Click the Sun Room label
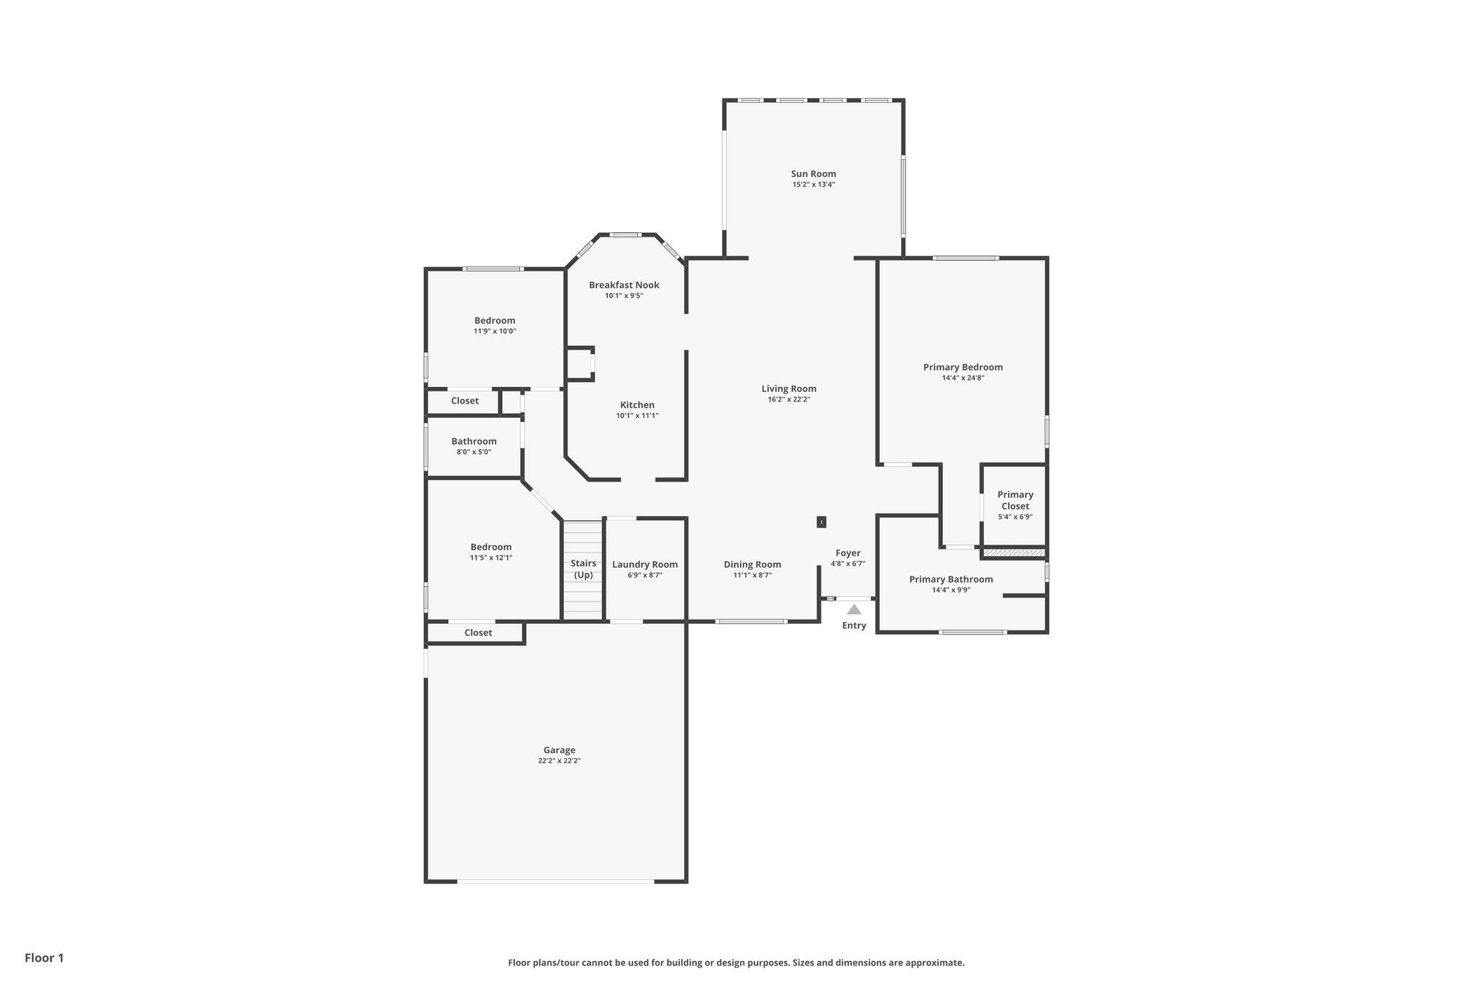[x=813, y=173]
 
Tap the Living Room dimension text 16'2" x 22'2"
[x=789, y=399]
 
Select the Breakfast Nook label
[x=624, y=285]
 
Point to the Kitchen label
[x=637, y=405]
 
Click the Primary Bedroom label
[x=962, y=367]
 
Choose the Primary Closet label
[x=1015, y=500]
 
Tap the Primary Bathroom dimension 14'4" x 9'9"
[x=951, y=590]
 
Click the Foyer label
[x=848, y=553]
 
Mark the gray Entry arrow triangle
[x=854, y=609]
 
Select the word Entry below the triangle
[x=854, y=626]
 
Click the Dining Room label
[x=752, y=565]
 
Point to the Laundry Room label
[x=644, y=565]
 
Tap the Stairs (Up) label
[x=583, y=569]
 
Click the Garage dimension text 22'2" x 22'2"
[x=559, y=760]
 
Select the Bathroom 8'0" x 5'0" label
[x=474, y=446]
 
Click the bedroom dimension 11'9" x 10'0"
[x=495, y=332]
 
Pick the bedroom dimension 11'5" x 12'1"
[x=491, y=558]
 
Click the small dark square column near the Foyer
[x=821, y=522]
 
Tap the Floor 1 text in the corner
[x=44, y=958]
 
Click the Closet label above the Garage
[x=478, y=633]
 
